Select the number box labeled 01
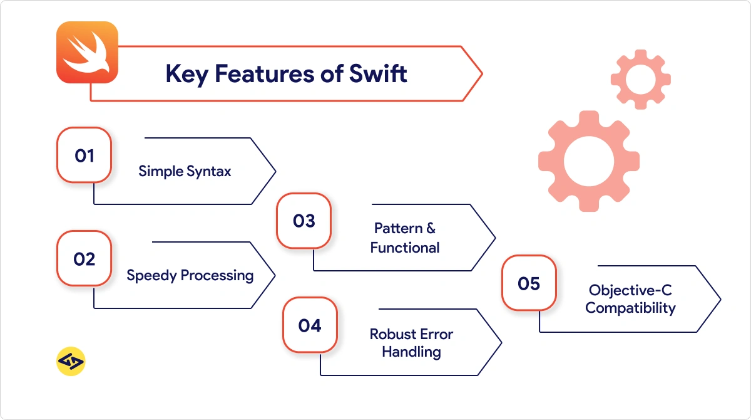point(84,155)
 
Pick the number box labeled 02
point(84,258)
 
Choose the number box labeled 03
point(304,221)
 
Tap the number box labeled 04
point(310,325)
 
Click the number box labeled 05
point(529,283)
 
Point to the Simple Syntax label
point(185,171)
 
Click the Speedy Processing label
point(190,275)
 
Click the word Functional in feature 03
point(405,248)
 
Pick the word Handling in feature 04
point(411,352)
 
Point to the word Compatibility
point(630,308)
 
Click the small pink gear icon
point(640,80)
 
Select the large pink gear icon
point(588,162)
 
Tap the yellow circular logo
point(71,361)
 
